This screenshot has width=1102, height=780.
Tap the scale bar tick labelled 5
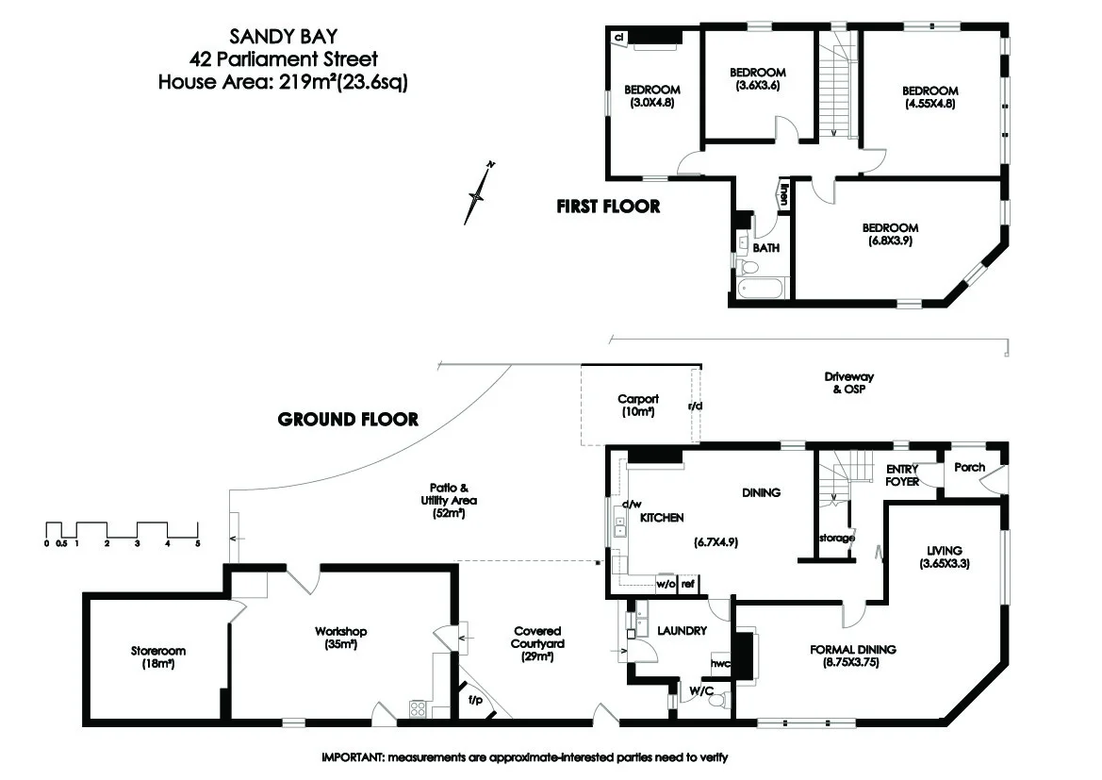click(x=197, y=543)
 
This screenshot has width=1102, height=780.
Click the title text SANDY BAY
click(x=274, y=37)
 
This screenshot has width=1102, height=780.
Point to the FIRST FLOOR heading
click(x=608, y=207)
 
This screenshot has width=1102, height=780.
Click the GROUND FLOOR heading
click(x=348, y=420)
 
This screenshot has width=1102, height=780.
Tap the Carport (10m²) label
click(x=638, y=406)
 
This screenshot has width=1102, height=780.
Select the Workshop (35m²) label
click(x=341, y=639)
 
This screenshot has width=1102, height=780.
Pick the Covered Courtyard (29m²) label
click(x=538, y=643)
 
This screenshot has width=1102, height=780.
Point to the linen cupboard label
click(x=782, y=194)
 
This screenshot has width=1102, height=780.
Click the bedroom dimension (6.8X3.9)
click(x=890, y=241)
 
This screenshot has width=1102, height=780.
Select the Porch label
click(x=970, y=467)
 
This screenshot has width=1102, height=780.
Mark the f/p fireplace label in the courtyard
click(x=476, y=701)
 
